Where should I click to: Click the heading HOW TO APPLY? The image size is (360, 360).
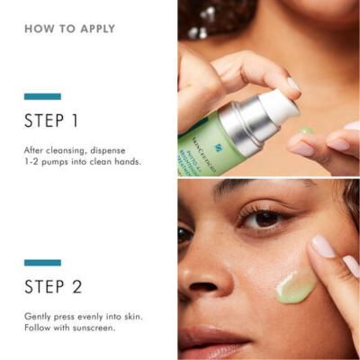69,29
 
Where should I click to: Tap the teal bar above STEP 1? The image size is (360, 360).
42,96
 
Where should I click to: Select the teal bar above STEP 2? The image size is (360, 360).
42,263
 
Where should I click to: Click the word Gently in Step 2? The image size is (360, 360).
39,317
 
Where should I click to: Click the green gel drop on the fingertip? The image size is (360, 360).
306,131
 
